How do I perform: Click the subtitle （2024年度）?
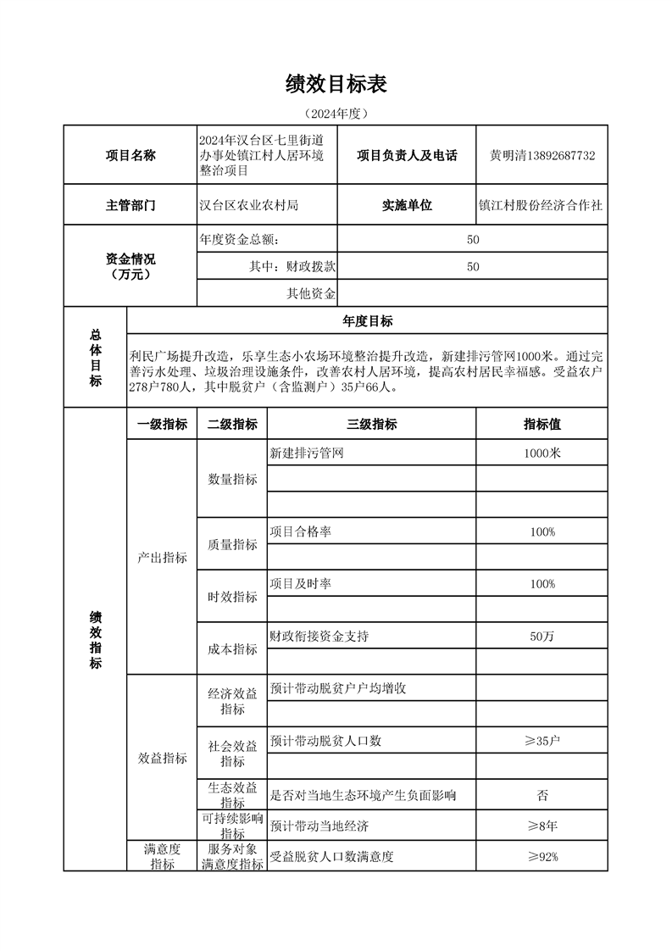click(x=336, y=113)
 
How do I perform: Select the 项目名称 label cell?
click(x=131, y=155)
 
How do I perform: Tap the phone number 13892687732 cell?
click(x=542, y=155)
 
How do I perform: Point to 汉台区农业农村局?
click(x=248, y=205)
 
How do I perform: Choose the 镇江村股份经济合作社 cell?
click(x=541, y=205)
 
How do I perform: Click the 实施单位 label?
click(x=407, y=205)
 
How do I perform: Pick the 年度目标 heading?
click(x=367, y=320)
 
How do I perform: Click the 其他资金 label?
click(x=311, y=293)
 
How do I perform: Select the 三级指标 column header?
click(x=371, y=425)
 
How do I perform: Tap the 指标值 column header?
click(x=541, y=425)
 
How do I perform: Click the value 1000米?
click(x=541, y=453)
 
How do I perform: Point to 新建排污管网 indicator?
click(x=306, y=453)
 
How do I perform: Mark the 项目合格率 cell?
click(x=300, y=531)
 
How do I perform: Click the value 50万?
click(x=541, y=637)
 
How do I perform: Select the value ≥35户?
click(x=541, y=741)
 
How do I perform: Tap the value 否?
click(x=541, y=795)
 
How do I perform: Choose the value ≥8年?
click(x=541, y=826)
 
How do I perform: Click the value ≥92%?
click(x=541, y=856)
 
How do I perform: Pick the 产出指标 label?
click(x=162, y=558)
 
